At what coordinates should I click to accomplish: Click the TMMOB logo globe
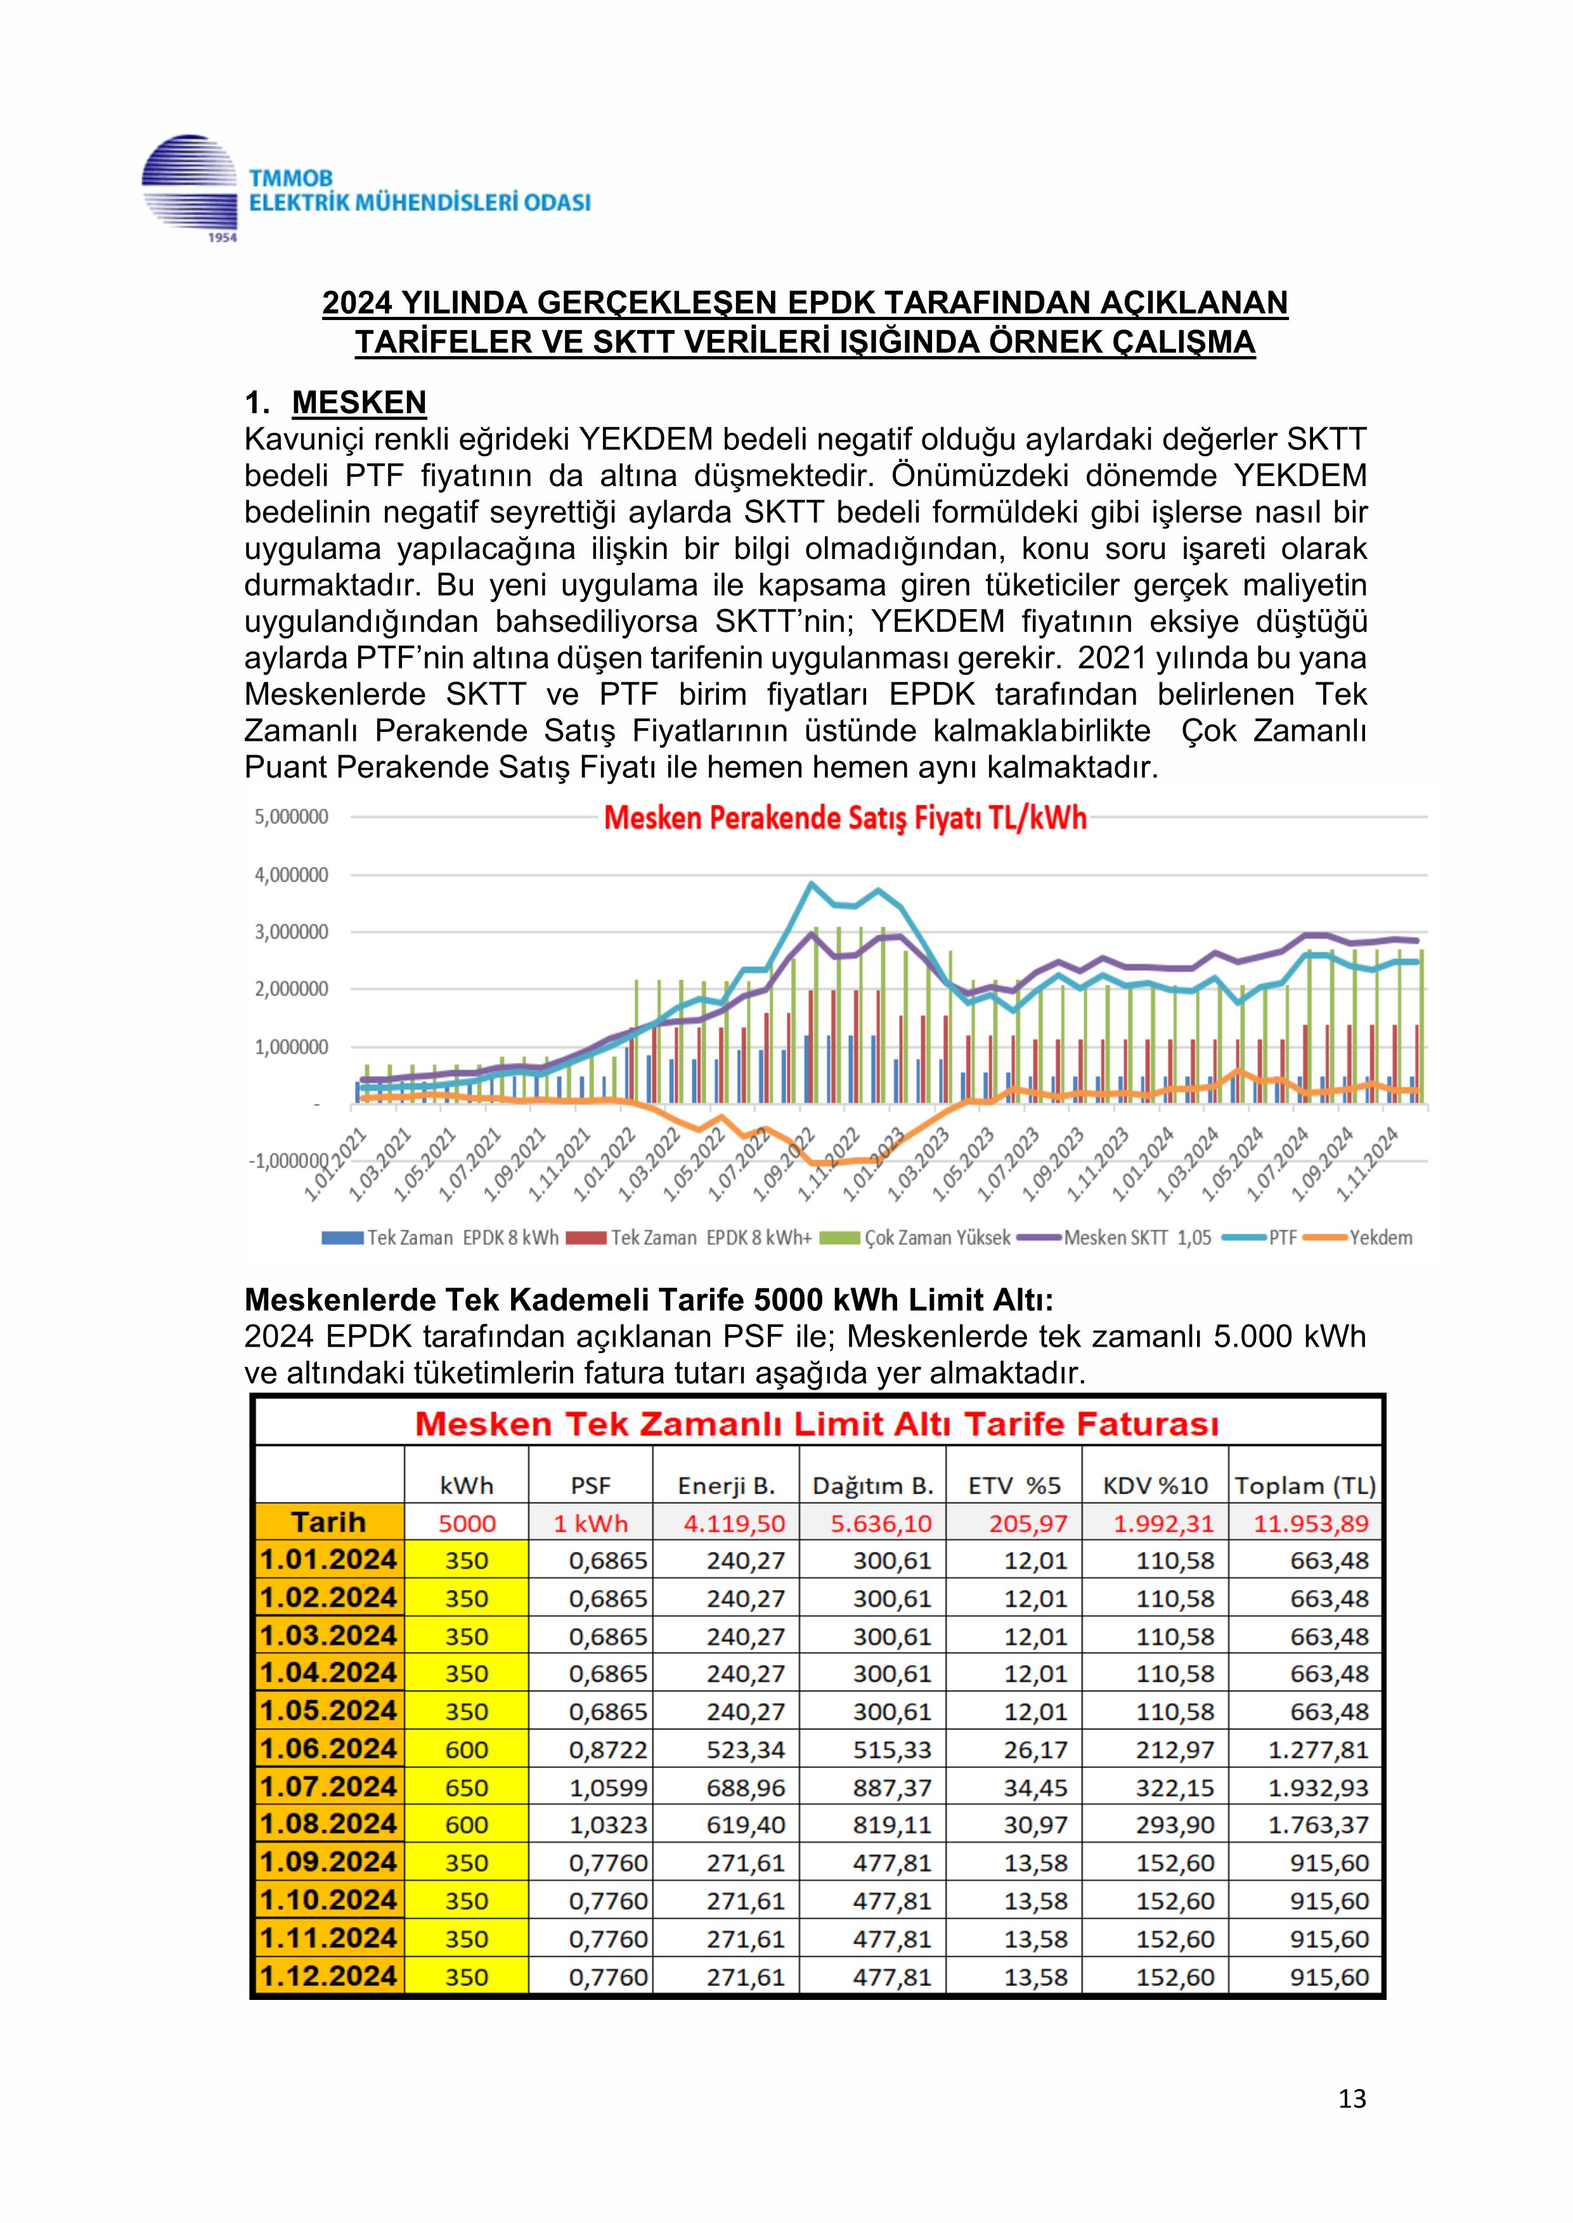point(190,187)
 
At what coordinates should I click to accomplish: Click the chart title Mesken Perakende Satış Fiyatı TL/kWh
point(845,819)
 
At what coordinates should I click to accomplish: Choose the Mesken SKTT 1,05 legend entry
point(1137,1238)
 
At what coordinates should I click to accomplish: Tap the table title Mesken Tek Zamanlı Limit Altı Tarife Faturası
point(817,1425)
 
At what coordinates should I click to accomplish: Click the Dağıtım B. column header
point(872,1485)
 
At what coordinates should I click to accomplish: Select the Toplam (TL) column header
point(1305,1485)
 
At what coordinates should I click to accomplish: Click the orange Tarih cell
point(329,1522)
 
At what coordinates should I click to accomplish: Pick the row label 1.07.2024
point(329,1787)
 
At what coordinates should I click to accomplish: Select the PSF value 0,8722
point(607,1750)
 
